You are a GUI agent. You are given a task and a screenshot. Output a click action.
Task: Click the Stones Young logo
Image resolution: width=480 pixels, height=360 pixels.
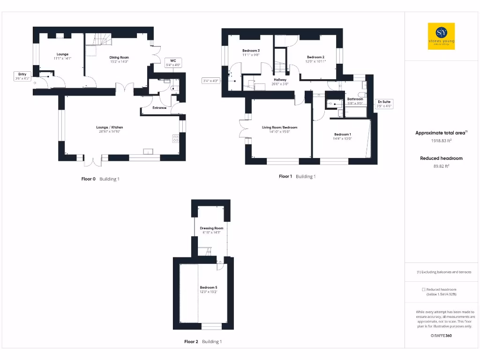pyautogui.click(x=441, y=36)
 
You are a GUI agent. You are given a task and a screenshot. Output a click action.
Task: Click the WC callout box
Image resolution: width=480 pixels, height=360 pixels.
pyautogui.click(x=173, y=63)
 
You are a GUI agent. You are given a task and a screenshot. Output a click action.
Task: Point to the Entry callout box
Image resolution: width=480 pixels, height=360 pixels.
pyautogui.click(x=22, y=76)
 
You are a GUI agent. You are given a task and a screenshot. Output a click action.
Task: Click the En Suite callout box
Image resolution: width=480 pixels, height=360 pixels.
pyautogui.click(x=384, y=104)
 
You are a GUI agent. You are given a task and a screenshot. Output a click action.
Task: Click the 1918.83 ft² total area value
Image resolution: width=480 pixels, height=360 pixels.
pyautogui.click(x=441, y=141)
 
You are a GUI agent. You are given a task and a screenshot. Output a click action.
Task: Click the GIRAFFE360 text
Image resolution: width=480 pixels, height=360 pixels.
pyautogui.click(x=441, y=336)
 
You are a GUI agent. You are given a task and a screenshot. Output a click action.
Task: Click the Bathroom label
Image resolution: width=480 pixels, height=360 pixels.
pyautogui.click(x=355, y=99)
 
